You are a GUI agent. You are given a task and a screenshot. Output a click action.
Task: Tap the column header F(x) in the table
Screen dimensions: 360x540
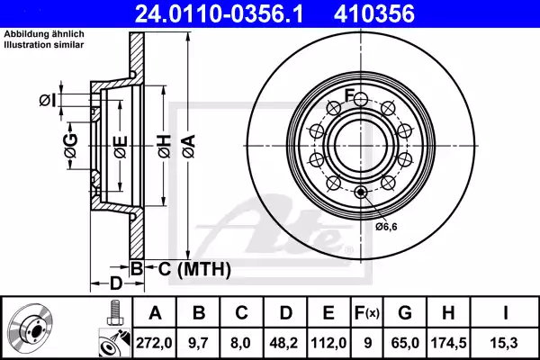click(367, 312)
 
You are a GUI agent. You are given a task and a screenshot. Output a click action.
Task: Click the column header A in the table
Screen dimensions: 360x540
click(155, 312)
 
